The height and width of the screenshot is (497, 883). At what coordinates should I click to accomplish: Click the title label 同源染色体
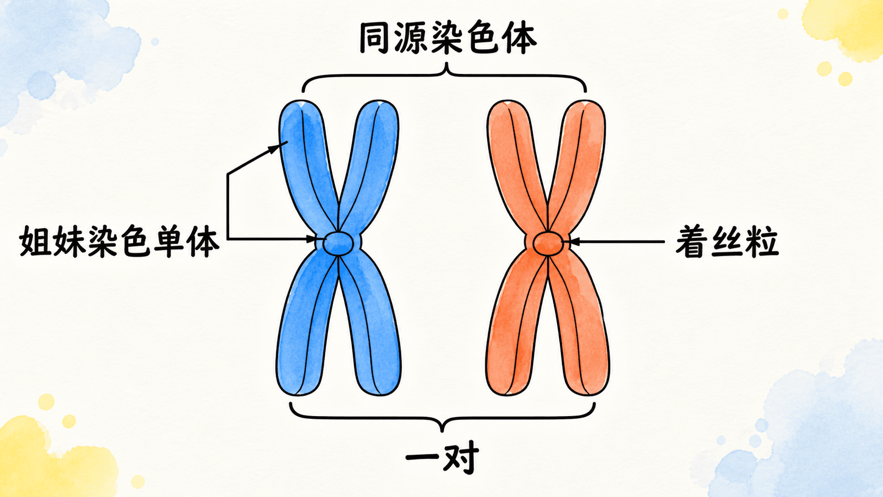tap(448, 38)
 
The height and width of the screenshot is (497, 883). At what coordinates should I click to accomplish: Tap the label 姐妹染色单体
tap(119, 241)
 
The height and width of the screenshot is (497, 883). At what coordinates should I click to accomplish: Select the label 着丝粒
tap(727, 241)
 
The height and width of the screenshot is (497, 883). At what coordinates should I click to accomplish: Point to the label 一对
tap(443, 457)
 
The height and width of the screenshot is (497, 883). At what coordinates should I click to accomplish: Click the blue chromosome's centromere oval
tap(338, 243)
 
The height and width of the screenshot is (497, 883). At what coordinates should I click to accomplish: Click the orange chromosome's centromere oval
tap(548, 243)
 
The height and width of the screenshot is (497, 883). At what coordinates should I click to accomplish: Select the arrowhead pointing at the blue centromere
tap(312, 239)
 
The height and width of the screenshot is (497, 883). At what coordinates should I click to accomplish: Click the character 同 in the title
tap(374, 38)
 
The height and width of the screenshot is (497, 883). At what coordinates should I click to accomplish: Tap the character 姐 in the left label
tap(35, 241)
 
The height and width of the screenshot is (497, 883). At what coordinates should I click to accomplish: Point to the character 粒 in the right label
tap(763, 241)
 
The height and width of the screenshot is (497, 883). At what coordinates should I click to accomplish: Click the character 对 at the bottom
tap(461, 458)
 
